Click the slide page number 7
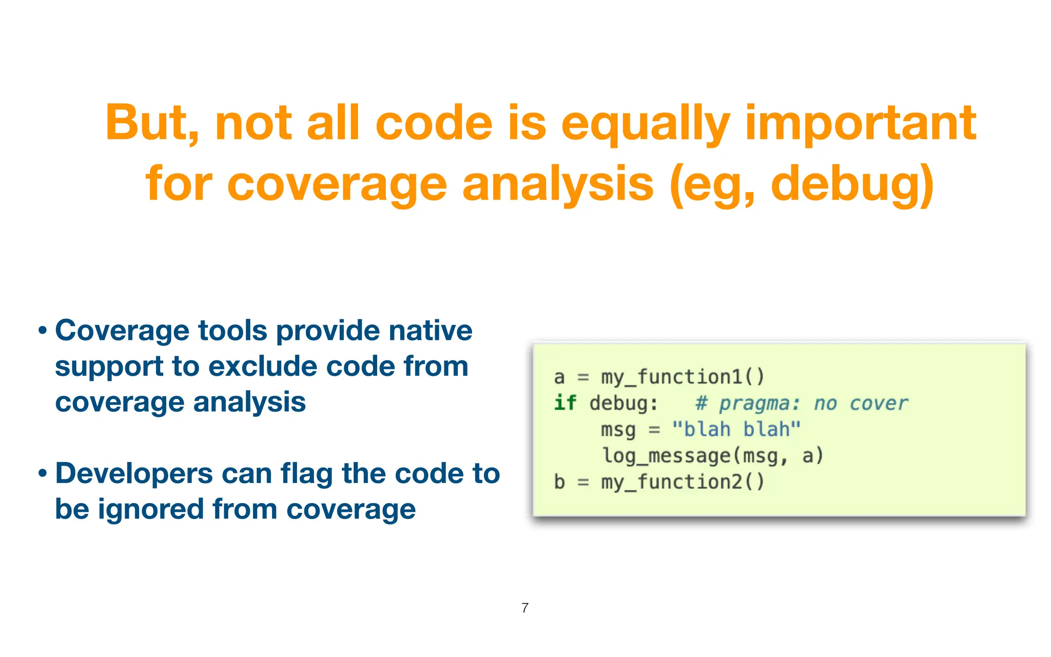click(x=525, y=608)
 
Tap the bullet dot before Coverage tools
click(x=43, y=331)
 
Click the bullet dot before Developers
click(x=43, y=474)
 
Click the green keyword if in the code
click(x=565, y=403)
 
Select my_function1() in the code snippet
click(x=683, y=377)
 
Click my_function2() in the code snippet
click(x=683, y=482)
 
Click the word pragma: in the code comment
click(x=759, y=403)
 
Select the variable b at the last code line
click(x=559, y=482)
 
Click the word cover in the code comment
click(x=879, y=403)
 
